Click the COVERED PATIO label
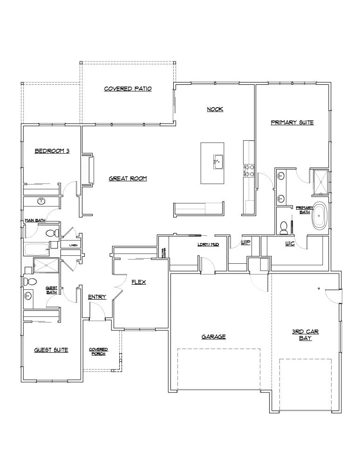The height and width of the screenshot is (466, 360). point(128,89)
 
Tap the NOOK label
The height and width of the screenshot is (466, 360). point(215,110)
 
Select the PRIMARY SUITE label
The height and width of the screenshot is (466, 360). point(292,123)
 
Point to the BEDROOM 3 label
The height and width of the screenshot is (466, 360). point(52,151)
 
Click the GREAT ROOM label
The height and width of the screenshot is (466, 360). point(128,178)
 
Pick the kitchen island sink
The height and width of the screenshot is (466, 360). point(217,162)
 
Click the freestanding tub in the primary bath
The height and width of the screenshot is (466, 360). point(319,216)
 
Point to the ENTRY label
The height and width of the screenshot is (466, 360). point(97,297)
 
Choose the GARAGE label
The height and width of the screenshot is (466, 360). point(214,336)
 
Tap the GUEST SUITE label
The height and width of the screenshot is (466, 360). point(51,350)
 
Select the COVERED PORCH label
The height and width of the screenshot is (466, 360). point(99,351)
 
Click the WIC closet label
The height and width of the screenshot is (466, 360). point(290,244)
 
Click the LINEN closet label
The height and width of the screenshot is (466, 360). point(73,244)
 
